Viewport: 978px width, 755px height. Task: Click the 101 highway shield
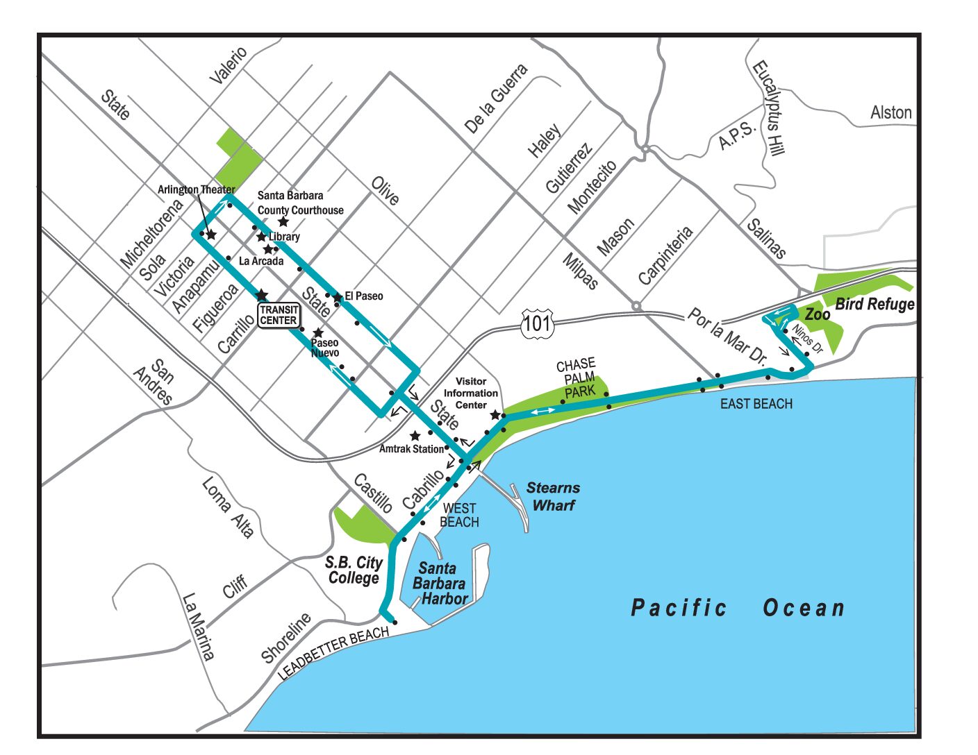coord(537,323)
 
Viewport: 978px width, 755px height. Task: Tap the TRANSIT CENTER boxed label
coord(279,315)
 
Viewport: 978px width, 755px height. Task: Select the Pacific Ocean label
coord(738,608)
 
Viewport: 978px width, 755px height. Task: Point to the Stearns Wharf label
coord(553,496)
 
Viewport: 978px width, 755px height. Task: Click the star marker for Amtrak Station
coord(415,436)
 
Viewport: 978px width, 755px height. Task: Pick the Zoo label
coord(818,314)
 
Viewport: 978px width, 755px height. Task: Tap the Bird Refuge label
coord(875,304)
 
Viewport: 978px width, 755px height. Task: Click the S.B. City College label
coord(354,570)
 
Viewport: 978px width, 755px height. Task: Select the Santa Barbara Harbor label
coord(440,583)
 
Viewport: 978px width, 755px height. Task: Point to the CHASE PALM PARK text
coord(577,377)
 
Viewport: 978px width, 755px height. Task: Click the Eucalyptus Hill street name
coord(769,109)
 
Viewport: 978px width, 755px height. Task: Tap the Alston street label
coord(891,112)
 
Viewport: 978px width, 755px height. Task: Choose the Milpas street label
coord(580,271)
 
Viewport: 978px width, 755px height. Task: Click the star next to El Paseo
coord(338,297)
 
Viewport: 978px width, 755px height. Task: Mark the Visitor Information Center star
coord(495,415)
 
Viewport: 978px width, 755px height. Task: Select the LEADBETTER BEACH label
coord(333,653)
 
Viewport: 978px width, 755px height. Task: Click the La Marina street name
coord(198,626)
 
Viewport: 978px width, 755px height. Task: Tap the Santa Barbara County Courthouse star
coord(283,222)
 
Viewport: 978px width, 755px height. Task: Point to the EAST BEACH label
coord(756,404)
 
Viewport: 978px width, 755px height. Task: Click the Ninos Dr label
coord(807,339)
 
